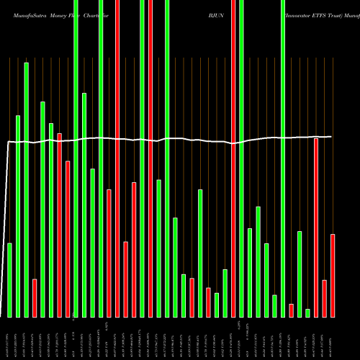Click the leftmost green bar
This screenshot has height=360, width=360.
pyautogui.click(x=10, y=280)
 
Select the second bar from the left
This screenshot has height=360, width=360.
pyautogui.click(x=18, y=216)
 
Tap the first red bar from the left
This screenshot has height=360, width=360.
pyautogui.click(x=35, y=298)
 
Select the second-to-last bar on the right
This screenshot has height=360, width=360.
pyautogui.click(x=325, y=298)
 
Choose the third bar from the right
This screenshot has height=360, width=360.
pyautogui.click(x=316, y=228)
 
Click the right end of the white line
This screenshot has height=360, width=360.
pyautogui.click(x=331, y=136)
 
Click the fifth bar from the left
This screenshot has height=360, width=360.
pyautogui.click(x=43, y=209)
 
